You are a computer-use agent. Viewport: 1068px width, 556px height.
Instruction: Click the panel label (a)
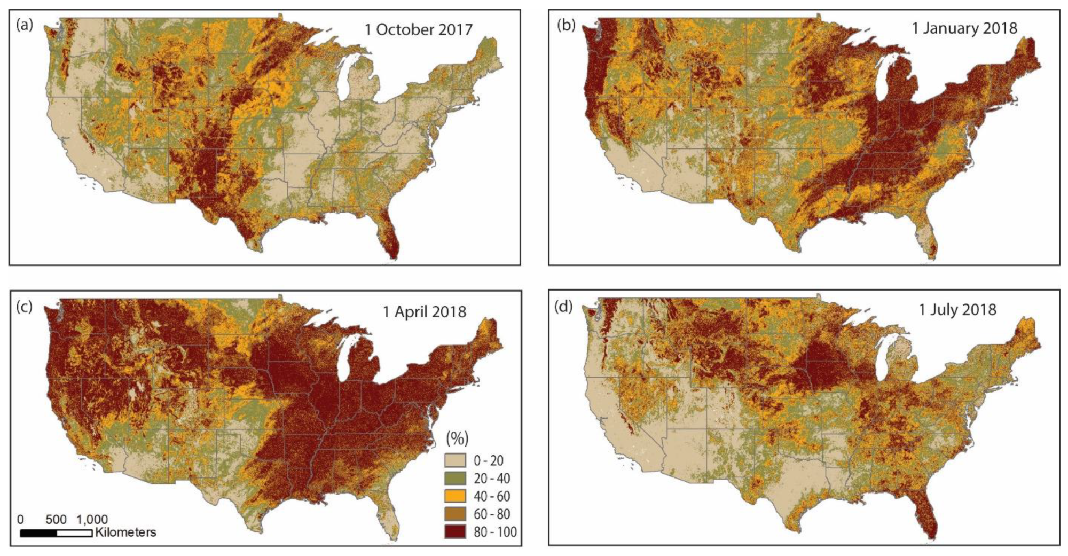(25, 26)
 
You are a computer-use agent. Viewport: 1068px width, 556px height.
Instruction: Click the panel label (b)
(566, 26)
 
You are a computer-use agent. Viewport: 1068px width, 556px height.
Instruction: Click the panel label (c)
(25, 307)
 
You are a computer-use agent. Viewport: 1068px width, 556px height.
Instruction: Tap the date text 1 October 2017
(418, 29)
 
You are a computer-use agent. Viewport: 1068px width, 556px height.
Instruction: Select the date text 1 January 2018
(964, 28)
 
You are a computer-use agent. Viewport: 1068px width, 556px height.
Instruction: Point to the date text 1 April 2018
(424, 311)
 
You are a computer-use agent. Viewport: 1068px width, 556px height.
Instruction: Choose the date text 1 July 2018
(957, 309)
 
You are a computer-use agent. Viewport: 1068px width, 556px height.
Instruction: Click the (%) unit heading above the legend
(457, 439)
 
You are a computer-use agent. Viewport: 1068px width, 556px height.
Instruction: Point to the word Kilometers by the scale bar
(125, 532)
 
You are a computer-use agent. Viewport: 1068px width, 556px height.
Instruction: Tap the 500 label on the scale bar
(56, 520)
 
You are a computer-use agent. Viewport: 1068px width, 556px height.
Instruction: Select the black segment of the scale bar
(38, 533)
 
